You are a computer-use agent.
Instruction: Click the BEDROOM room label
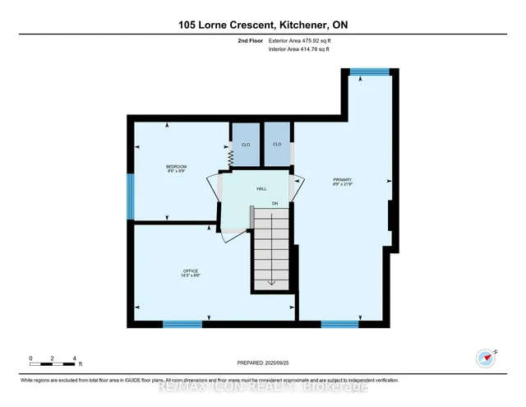point(177,167)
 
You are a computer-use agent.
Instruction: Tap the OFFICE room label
point(191,271)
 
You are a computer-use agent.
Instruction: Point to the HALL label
point(261,189)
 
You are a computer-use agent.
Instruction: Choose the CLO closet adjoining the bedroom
point(245,145)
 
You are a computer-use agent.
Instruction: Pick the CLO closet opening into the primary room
point(277,145)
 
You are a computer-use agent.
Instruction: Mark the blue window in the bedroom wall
point(130,197)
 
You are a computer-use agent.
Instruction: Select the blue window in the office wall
point(182,324)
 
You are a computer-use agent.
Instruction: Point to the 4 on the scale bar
point(75,358)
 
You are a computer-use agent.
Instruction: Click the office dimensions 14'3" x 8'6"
point(191,275)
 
